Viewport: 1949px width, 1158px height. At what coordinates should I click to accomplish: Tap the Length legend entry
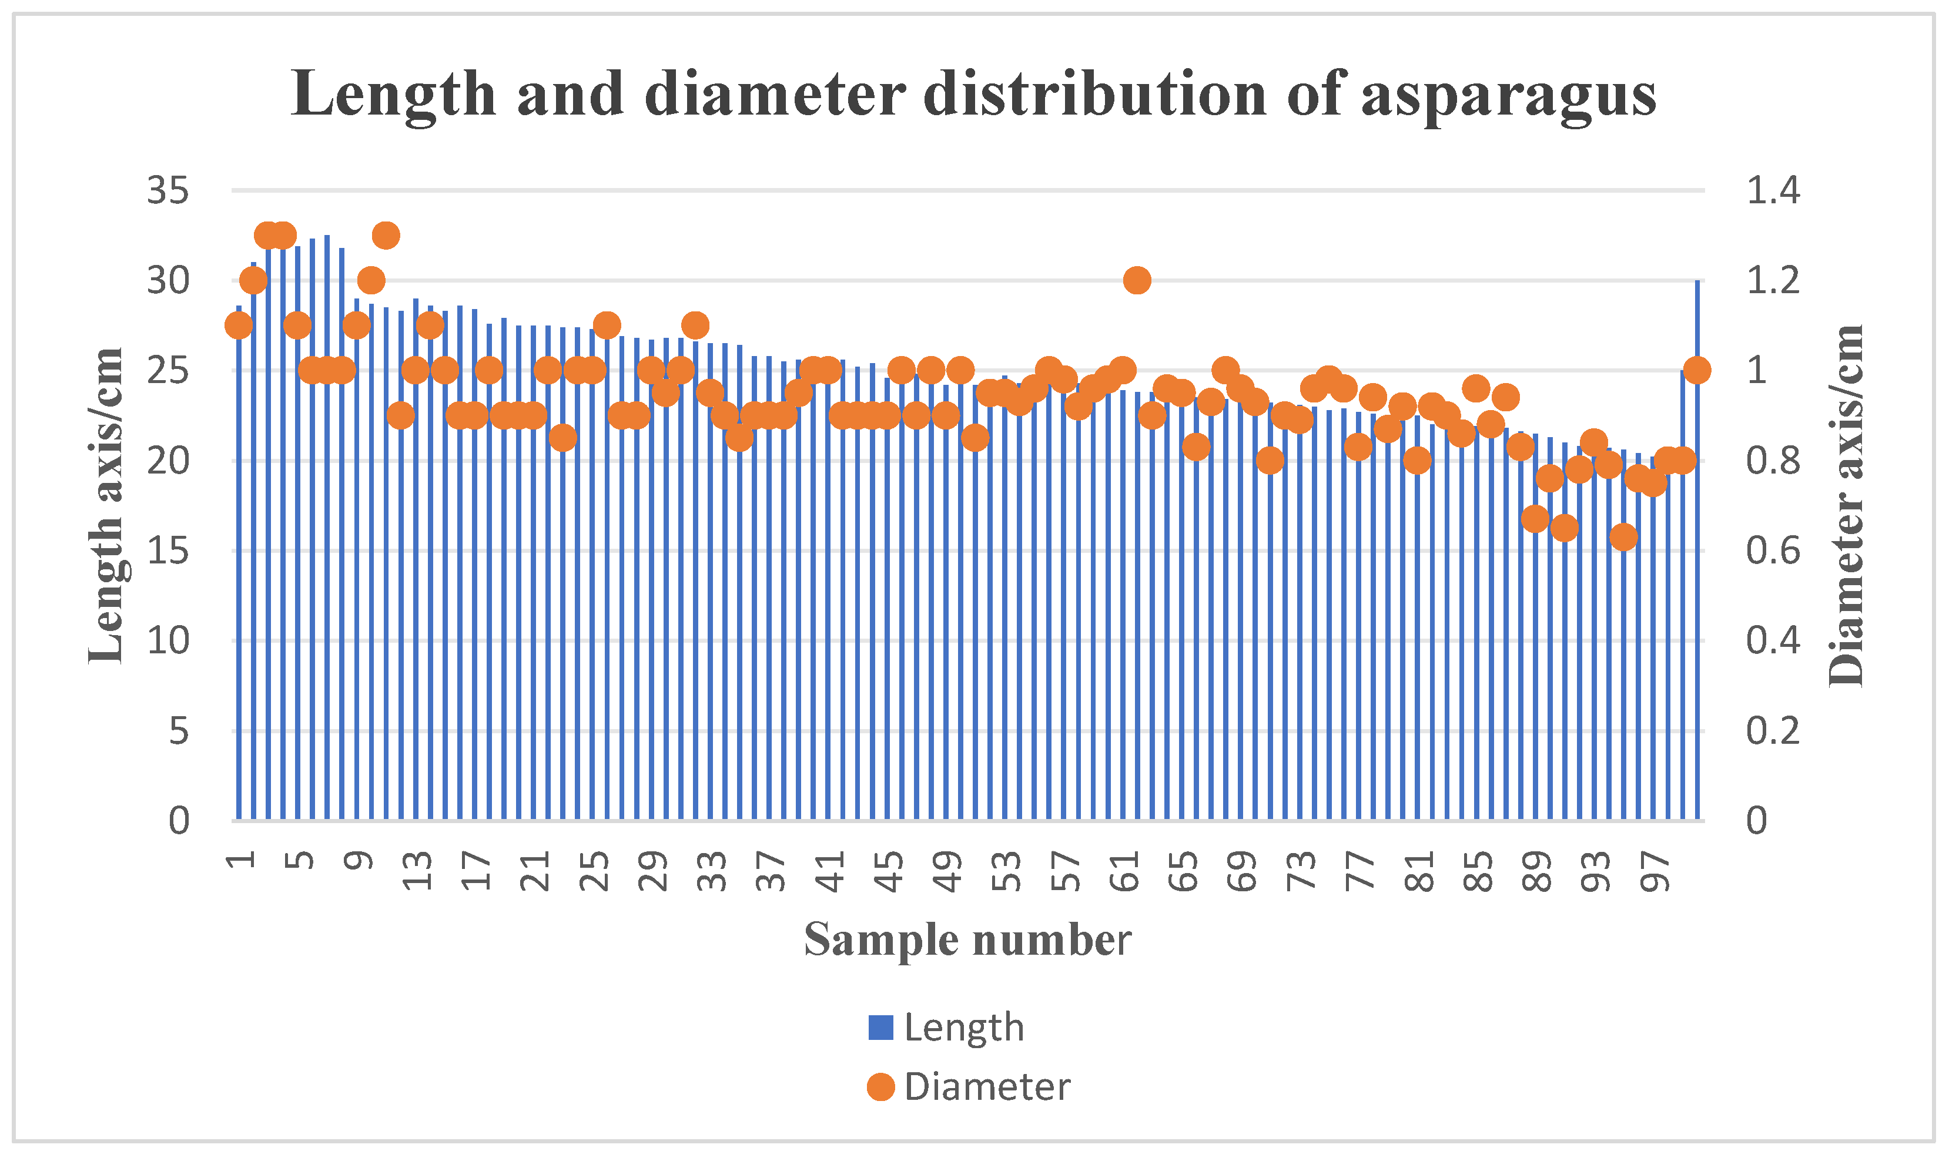click(x=946, y=1028)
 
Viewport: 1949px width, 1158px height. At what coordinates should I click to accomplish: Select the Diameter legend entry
click(x=969, y=1087)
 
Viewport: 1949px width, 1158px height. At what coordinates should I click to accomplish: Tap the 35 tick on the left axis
click(x=168, y=190)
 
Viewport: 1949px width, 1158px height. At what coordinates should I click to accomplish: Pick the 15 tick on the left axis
click(x=168, y=551)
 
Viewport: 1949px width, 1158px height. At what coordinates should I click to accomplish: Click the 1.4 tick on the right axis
click(x=1773, y=190)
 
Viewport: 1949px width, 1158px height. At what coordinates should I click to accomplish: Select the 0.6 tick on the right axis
click(x=1773, y=551)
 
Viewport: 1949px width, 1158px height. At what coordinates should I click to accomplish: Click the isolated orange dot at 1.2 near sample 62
click(x=1137, y=280)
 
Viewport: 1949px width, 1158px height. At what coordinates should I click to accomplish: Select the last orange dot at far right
click(x=1697, y=370)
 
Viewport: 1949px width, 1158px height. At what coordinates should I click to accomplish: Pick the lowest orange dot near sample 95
click(x=1623, y=537)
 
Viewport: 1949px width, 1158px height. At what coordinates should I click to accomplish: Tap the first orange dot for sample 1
click(x=239, y=325)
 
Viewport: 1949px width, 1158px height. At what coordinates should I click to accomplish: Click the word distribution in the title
click(x=1095, y=95)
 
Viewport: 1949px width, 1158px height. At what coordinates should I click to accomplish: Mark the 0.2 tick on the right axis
click(x=1773, y=731)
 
